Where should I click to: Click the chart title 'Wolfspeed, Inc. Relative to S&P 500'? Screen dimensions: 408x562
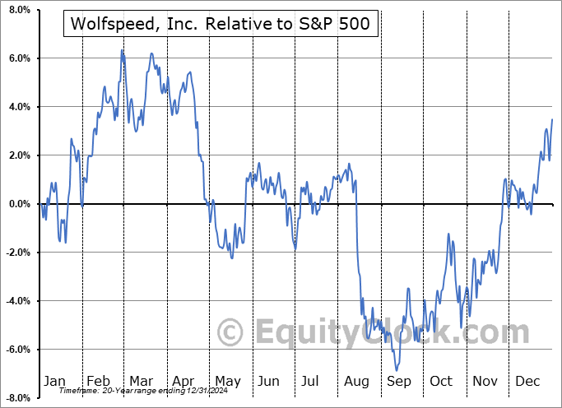[221, 25]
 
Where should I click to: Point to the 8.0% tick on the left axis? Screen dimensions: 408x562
[18, 10]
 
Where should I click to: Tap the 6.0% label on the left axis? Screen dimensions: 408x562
[18, 58]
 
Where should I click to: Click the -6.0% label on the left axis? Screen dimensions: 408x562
[17, 350]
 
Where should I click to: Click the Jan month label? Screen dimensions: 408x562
[54, 381]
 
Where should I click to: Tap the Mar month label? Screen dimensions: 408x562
[140, 381]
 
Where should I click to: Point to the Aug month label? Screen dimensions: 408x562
[356, 381]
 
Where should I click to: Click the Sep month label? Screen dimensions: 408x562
[399, 381]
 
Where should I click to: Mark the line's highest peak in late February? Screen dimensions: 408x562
[122, 50]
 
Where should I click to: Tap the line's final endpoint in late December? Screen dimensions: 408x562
[551, 120]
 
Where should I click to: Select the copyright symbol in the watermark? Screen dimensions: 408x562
[230, 332]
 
